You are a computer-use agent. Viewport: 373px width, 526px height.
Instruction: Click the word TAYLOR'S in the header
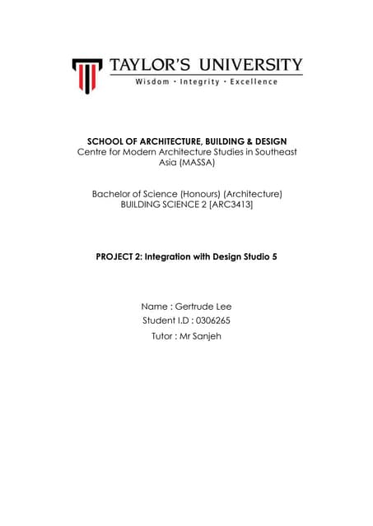[149, 65]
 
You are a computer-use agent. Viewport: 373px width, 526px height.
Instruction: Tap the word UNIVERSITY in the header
[249, 65]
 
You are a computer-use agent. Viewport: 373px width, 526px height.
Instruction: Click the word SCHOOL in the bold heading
[109, 141]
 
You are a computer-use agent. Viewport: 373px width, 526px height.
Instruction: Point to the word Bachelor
[113, 194]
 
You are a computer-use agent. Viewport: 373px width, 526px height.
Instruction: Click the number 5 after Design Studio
[274, 257]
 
